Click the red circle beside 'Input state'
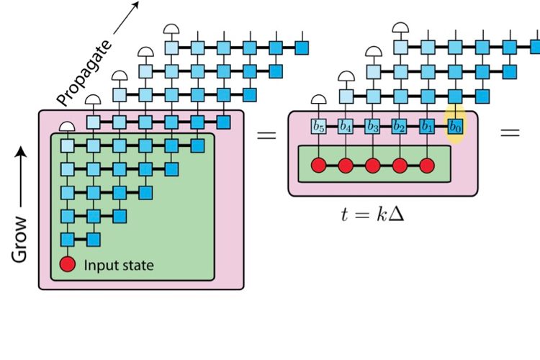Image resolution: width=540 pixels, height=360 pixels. [x=68, y=265]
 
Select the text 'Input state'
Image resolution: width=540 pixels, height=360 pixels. [x=119, y=265]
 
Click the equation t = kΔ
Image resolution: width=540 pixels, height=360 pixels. [x=372, y=213]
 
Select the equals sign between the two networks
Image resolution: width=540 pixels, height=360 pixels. [x=266, y=134]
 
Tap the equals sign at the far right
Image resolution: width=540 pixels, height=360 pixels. [x=510, y=132]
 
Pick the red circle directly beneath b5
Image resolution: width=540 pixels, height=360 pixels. [x=318, y=166]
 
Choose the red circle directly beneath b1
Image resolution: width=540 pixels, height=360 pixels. [x=427, y=166]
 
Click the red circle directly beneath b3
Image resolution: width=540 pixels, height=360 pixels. [x=372, y=166]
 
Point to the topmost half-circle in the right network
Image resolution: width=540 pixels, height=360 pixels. [x=400, y=29]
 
